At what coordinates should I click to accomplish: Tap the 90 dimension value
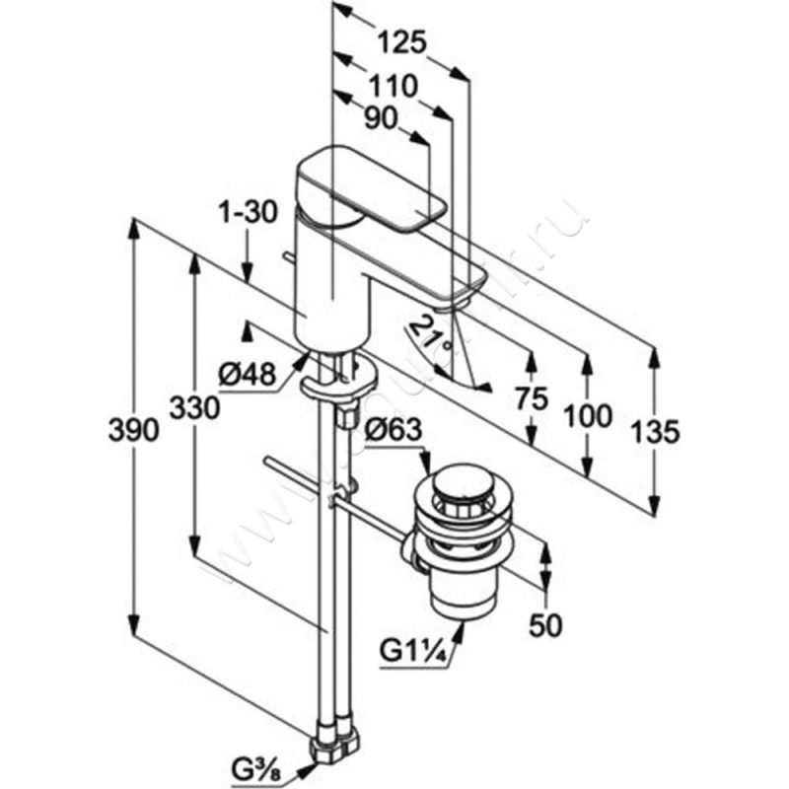(378, 117)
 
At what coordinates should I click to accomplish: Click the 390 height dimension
(143, 431)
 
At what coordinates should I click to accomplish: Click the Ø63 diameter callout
(394, 430)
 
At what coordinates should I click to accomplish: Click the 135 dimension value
(654, 431)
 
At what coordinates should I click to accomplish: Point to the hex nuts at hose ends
(335, 744)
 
